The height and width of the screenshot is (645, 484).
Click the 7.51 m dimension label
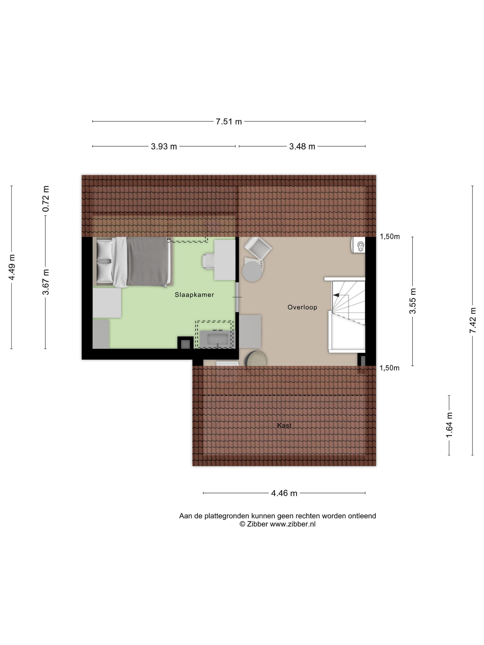click(229, 122)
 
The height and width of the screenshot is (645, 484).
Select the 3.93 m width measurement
click(164, 146)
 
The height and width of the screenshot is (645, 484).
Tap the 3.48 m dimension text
click(302, 146)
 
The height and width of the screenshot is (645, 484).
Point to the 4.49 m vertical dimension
click(12, 267)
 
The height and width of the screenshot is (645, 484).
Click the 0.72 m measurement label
click(46, 199)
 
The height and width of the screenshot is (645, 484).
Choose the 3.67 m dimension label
click(46, 282)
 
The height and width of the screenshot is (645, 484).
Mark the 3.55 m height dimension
click(413, 301)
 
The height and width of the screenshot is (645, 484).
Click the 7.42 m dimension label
click(473, 320)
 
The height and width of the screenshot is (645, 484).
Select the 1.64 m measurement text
click(449, 425)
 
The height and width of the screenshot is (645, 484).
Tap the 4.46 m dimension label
click(284, 493)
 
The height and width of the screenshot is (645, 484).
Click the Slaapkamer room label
click(194, 295)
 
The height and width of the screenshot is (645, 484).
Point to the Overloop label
click(302, 307)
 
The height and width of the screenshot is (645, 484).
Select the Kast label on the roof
click(284, 425)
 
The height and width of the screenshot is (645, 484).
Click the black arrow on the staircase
click(336, 295)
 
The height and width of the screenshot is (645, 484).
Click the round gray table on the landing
click(252, 271)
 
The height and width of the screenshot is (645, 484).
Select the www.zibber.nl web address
click(293, 524)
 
